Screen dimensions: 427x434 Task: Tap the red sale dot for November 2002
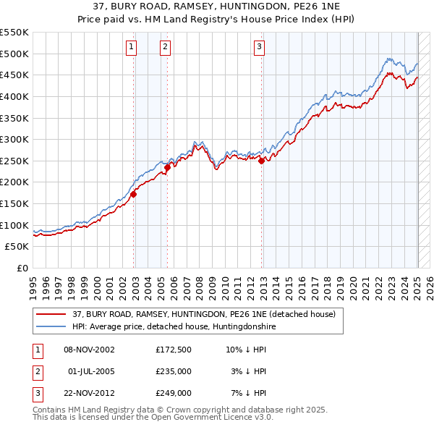click(x=134, y=194)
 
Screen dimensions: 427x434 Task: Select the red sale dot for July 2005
click(x=168, y=167)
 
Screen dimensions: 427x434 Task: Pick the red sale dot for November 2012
click(x=262, y=161)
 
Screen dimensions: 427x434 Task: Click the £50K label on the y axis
click(x=17, y=247)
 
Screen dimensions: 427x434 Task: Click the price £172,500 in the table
click(x=174, y=350)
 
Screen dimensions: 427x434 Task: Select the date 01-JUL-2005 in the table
click(x=91, y=371)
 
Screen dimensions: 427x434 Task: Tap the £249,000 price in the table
click(x=174, y=393)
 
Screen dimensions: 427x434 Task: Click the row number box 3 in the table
click(x=36, y=393)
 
